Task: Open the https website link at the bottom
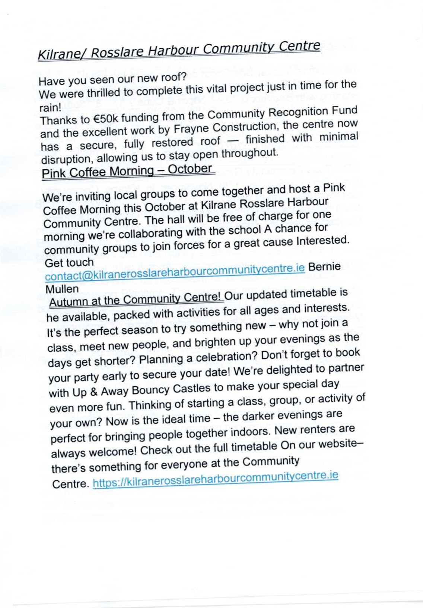215,479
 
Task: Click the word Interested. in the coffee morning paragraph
323,241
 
